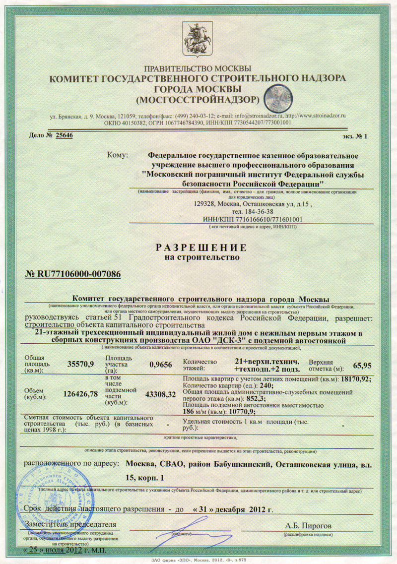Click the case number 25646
pos(65,135)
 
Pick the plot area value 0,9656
pos(160,365)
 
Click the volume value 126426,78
pos(81,394)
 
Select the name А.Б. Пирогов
pos(309,525)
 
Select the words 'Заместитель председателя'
pos(70,524)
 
